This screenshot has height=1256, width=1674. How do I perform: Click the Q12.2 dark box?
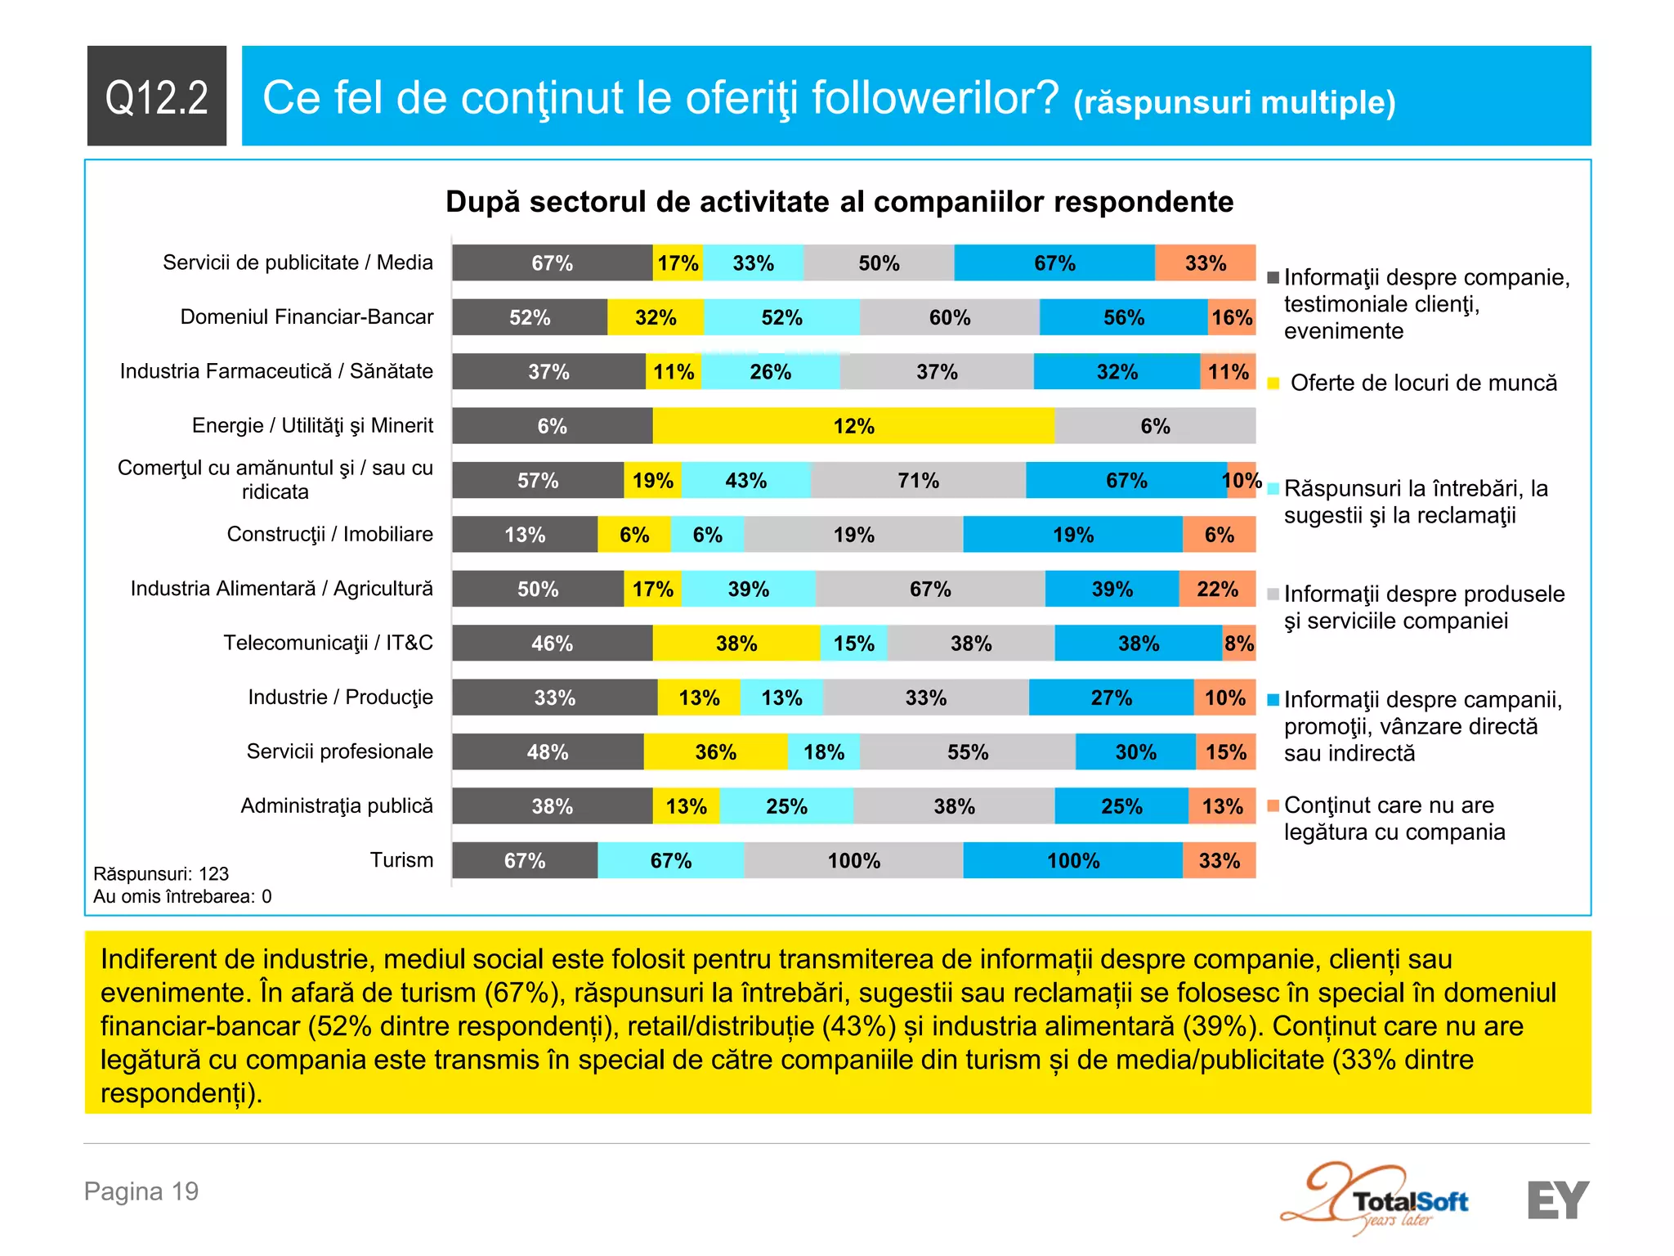[x=156, y=96]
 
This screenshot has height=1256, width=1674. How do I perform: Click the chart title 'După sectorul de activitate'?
[x=839, y=202]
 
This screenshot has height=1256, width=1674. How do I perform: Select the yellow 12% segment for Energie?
[x=853, y=426]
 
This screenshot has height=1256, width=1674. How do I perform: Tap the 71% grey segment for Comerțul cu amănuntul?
[x=918, y=480]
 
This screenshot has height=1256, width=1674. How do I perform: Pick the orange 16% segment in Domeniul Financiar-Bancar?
[x=1232, y=317]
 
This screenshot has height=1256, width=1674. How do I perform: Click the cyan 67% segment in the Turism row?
[x=670, y=860]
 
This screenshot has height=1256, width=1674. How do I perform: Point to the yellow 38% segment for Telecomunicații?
[x=736, y=643]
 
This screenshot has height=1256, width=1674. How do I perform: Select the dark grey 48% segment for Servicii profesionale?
[x=548, y=751]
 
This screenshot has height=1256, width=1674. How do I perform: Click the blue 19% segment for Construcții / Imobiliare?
[x=1072, y=535]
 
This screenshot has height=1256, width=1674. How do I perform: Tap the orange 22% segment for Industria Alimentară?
[x=1217, y=589]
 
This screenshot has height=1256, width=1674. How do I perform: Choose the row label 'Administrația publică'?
[x=337, y=805]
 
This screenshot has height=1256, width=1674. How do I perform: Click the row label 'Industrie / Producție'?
[x=340, y=697]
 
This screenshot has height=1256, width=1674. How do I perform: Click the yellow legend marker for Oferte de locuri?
[x=1273, y=384]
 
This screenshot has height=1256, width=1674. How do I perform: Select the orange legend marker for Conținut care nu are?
[x=1273, y=805]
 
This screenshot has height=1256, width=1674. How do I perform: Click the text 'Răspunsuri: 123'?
[x=161, y=873]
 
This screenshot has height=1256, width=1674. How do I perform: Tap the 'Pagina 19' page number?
[x=141, y=1191]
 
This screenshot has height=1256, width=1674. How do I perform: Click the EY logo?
[x=1558, y=1200]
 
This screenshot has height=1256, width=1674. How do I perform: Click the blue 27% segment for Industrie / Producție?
[x=1111, y=698]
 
